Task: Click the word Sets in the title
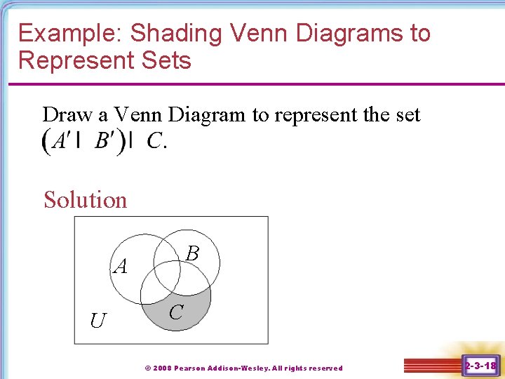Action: coord(166,60)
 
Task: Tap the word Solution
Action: coord(86,200)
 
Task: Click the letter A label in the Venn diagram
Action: coord(121,266)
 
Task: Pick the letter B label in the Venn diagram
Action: coord(193,253)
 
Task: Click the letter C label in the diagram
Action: coord(176,311)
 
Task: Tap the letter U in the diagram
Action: coord(97,321)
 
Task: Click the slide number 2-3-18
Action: coord(480,365)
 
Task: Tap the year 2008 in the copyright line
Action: coord(162,368)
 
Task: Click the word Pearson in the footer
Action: coord(191,368)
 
